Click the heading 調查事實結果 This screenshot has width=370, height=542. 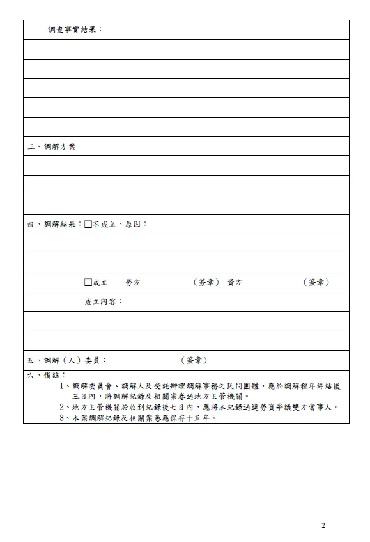click(x=74, y=30)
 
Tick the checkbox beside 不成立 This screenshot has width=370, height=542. click(x=88, y=224)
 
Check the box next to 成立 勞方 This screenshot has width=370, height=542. click(x=88, y=282)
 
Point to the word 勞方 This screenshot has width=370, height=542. click(x=133, y=282)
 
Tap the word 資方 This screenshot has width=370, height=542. click(x=235, y=282)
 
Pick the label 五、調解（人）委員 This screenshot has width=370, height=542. click(x=66, y=361)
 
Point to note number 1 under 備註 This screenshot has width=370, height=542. click(x=63, y=386)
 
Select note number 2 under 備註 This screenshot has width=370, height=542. click(x=63, y=407)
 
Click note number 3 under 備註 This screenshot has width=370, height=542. click(x=63, y=417)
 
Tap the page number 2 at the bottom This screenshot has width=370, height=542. click(x=323, y=525)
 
